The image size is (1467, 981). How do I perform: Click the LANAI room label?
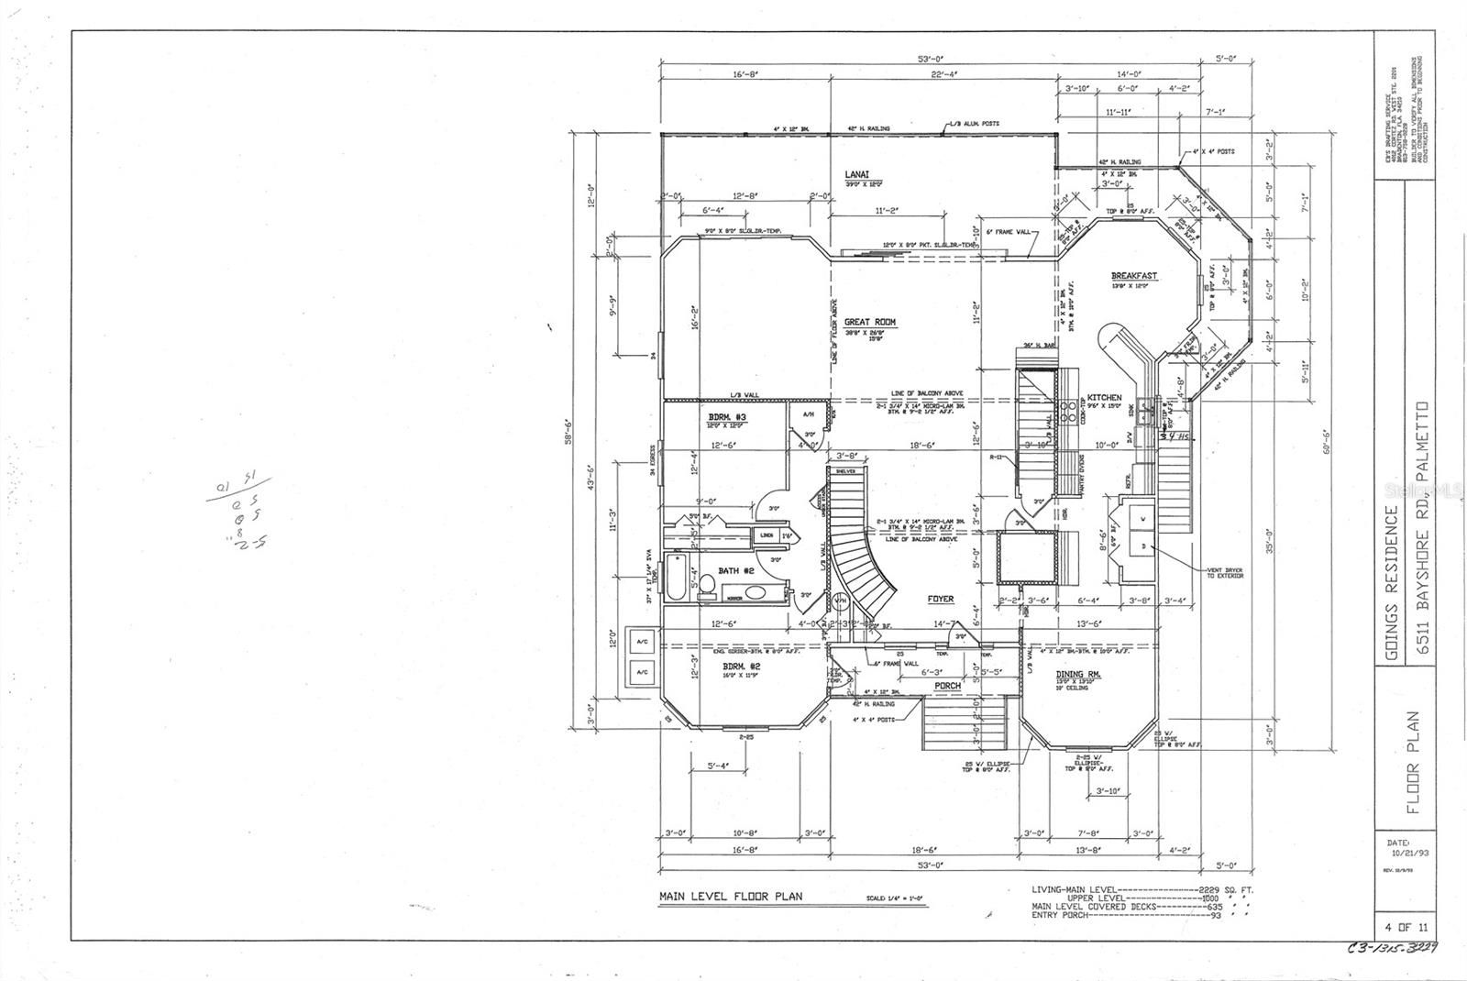coord(856,173)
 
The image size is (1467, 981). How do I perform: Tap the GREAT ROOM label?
coord(869,322)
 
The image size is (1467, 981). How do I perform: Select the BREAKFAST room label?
coord(1133,275)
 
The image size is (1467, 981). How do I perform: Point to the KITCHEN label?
coord(1104,398)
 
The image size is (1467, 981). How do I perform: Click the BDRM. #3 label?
coord(727,416)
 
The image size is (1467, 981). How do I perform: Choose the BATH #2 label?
coord(735,570)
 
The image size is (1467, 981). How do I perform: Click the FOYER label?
coord(940,599)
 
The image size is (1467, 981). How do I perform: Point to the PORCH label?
coord(947,685)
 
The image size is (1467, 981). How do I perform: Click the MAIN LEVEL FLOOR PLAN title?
coord(730,897)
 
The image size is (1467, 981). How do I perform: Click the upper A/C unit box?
coord(641,643)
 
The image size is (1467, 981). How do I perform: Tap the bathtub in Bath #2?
coord(677,577)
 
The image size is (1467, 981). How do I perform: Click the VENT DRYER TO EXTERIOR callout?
coord(1223,575)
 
